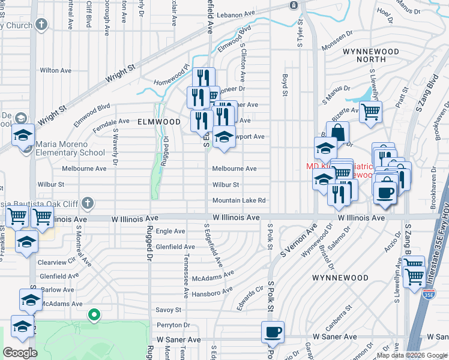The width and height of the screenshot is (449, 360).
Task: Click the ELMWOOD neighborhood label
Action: click(159, 121)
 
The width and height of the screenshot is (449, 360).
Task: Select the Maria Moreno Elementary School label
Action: click(70, 148)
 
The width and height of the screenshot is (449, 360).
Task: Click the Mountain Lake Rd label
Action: click(238, 200)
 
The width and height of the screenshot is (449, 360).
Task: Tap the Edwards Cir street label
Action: click(251, 298)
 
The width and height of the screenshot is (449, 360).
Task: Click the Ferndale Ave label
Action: click(111, 121)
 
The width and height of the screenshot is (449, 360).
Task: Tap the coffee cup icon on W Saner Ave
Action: click(273, 332)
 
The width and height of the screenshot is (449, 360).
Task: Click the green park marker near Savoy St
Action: click(93, 314)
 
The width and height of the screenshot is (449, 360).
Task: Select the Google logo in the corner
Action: click(20, 353)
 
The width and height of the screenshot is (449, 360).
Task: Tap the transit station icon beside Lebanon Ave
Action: click(294, 5)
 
